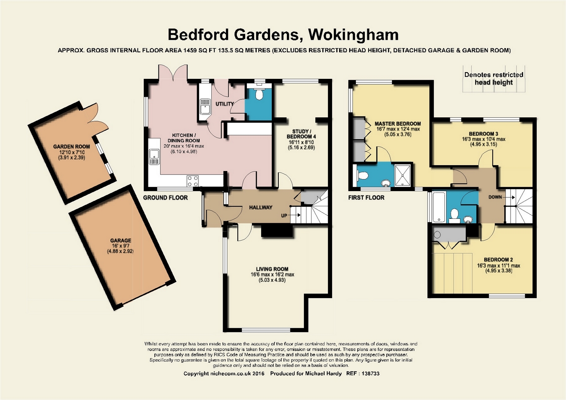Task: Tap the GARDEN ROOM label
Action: click(x=72, y=147)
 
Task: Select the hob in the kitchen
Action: click(x=192, y=181)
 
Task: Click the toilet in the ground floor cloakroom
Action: click(x=259, y=94)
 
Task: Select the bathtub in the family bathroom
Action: click(x=439, y=207)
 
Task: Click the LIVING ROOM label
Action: click(x=272, y=269)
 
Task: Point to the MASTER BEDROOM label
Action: click(x=398, y=124)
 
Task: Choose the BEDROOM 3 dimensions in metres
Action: click(x=483, y=145)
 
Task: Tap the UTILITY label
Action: click(x=225, y=104)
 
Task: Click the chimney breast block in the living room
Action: click(x=277, y=231)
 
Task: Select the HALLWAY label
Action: click(x=261, y=208)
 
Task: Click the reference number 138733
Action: click(x=371, y=374)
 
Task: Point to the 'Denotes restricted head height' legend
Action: click(x=494, y=78)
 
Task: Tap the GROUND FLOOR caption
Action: click(x=166, y=197)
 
